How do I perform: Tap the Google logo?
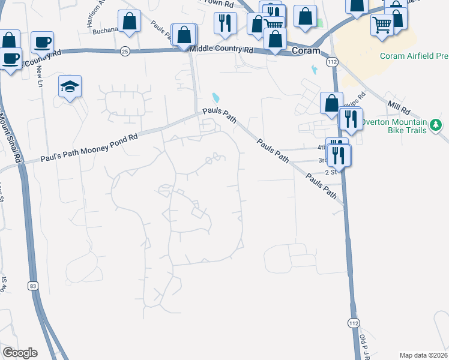pyautogui.click(x=19, y=353)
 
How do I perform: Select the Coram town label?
pyautogui.click(x=306, y=51)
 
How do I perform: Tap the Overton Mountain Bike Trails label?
pyautogui.click(x=394, y=125)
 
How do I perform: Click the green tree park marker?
pyautogui.click(x=438, y=125)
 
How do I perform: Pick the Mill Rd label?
pyautogui.click(x=398, y=108)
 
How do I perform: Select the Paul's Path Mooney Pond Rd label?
pyautogui.click(x=89, y=148)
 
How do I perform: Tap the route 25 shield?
pyautogui.click(x=125, y=51)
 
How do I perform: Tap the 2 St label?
pyautogui.click(x=331, y=172)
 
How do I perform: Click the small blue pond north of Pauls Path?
pyautogui.click(x=215, y=97)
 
